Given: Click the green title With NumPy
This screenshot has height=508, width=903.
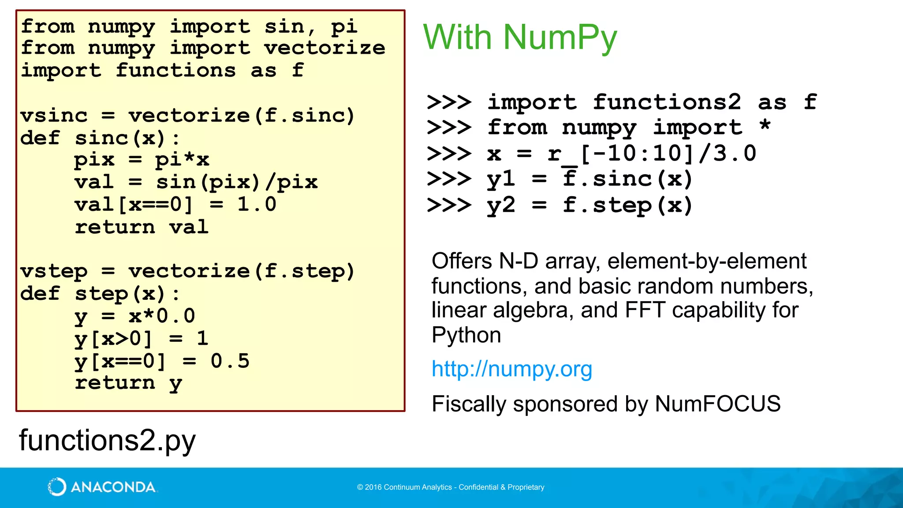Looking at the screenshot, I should tap(520, 37).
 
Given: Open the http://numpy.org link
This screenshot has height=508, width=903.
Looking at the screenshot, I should tap(511, 369).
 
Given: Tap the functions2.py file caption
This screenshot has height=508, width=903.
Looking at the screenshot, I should tap(107, 440).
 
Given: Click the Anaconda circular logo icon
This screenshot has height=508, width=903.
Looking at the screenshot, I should tap(57, 487).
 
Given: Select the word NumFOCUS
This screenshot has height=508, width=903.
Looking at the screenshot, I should tap(717, 404).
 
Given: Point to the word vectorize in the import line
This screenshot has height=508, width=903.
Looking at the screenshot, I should tap(325, 48).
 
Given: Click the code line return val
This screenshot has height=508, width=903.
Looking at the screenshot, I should tap(141, 227).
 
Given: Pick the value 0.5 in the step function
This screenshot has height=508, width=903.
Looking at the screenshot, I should tap(230, 361).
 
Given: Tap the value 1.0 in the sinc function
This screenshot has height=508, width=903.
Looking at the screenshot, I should tap(257, 204).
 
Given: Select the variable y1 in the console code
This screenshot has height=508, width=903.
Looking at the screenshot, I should tap(501, 179).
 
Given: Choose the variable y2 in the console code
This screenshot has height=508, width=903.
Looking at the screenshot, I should tap(501, 205).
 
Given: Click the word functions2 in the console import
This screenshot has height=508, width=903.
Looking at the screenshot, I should tap(667, 102).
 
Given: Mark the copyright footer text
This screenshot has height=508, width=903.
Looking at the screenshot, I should tap(451, 487).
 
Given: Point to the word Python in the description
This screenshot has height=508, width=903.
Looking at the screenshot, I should tap(466, 335).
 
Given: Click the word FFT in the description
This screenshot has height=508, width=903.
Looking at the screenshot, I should tap(645, 310).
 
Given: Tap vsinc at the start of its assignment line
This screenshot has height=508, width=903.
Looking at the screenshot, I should tap(54, 116).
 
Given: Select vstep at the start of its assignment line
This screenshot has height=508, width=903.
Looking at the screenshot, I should tap(54, 271).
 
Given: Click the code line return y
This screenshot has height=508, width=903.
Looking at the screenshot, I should tap(128, 383).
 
